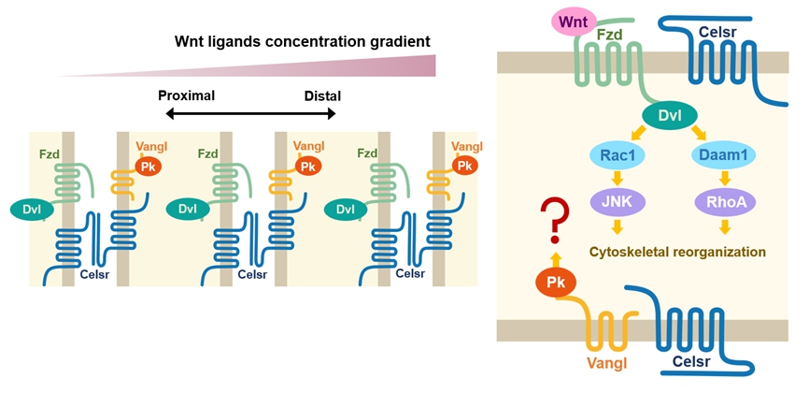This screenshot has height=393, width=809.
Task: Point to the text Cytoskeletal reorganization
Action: (677, 251)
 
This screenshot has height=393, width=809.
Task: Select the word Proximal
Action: (186, 95)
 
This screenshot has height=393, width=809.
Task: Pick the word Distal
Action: (322, 95)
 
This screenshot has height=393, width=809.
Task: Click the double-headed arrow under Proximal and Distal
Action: (250, 114)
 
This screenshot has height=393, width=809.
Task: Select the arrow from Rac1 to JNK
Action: (615, 179)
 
